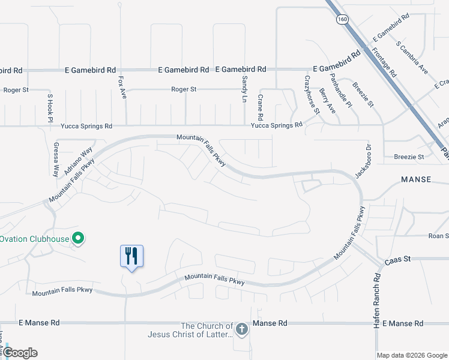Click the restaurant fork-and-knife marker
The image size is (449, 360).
click(x=131, y=256)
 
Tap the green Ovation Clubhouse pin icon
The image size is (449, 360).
click(x=78, y=239)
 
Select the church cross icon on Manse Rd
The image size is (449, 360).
click(x=241, y=329)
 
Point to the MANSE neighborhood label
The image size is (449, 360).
click(x=417, y=179)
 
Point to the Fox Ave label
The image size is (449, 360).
click(x=122, y=88)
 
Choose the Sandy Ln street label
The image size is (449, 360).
click(x=245, y=88)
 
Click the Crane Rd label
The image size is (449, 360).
click(x=261, y=107)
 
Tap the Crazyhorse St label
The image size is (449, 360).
click(x=312, y=95)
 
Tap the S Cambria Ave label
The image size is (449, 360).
click(x=412, y=58)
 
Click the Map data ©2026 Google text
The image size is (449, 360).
click(x=412, y=355)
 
